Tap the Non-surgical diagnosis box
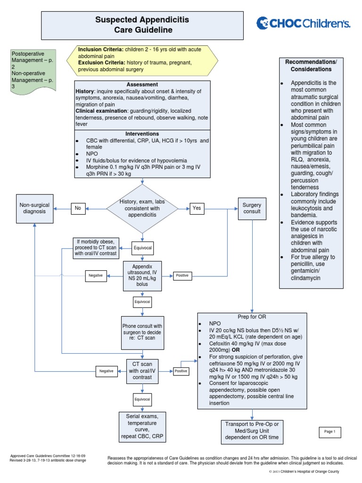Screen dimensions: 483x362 click(x=34, y=208)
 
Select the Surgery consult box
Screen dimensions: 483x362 click(x=252, y=208)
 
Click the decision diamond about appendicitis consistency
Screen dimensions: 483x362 click(x=142, y=208)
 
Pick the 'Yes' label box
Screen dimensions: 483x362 click(x=197, y=208)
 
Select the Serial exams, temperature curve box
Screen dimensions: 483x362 click(x=142, y=427)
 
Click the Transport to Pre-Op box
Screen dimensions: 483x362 click(x=250, y=431)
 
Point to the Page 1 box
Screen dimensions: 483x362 click(x=329, y=432)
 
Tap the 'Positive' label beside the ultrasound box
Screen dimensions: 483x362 click(x=181, y=275)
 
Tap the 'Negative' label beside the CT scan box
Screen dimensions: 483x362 click(x=107, y=371)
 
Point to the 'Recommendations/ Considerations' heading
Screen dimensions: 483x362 click(x=311, y=66)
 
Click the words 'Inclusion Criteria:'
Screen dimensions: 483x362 click(x=100, y=49)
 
